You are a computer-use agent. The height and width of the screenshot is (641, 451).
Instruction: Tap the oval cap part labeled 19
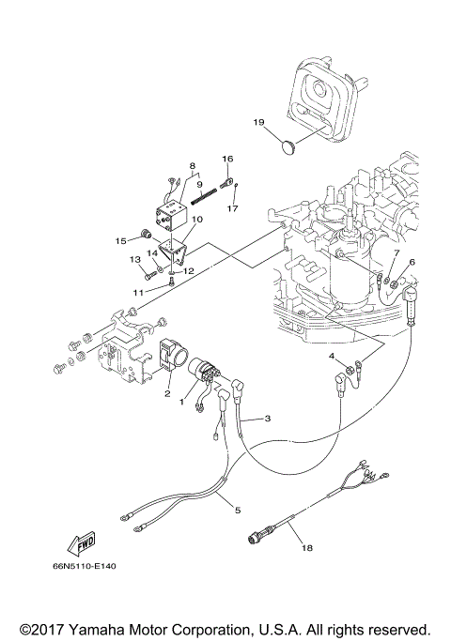[x=290, y=145]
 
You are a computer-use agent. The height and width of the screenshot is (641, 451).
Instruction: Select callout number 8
[x=192, y=165]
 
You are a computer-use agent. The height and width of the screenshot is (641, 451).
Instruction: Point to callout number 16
[x=226, y=159]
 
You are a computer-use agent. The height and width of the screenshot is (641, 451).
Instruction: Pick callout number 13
[x=134, y=259]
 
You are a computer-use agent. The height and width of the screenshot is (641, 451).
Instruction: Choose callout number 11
[x=137, y=292]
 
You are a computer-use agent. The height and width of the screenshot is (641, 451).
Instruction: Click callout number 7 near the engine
[x=397, y=253]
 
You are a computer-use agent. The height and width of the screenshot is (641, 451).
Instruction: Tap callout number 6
[x=411, y=262]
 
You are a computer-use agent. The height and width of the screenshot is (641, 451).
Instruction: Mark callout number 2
[x=168, y=395]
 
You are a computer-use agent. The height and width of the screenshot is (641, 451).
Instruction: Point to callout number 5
[x=237, y=510]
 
